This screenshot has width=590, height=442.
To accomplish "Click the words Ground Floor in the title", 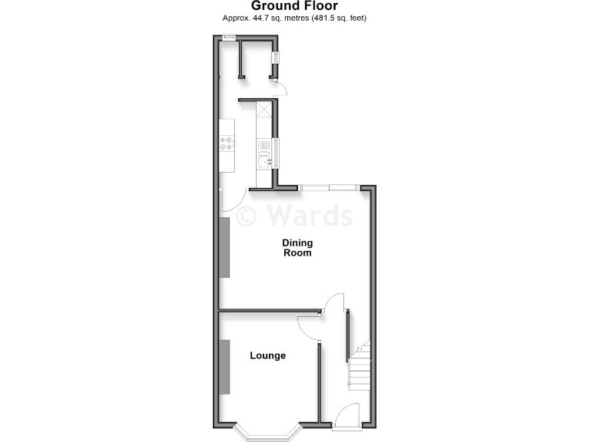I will [294, 6].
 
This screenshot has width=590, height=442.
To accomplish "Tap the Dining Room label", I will [297, 248].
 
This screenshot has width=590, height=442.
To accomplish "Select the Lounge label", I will [267, 356].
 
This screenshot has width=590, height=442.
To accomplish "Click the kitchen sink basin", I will [264, 160].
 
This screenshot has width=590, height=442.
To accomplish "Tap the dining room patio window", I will [328, 186].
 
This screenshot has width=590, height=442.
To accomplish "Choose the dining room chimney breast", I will [225, 247].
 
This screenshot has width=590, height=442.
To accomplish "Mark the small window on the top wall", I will [228, 38].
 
